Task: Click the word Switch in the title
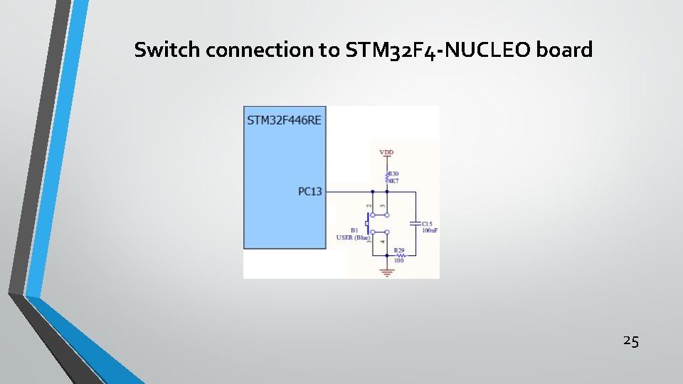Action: [160, 50]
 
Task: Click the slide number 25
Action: [630, 341]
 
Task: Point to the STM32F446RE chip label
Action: [284, 120]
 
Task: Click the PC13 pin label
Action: [310, 191]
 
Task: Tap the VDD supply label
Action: [386, 152]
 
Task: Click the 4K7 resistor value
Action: [393, 181]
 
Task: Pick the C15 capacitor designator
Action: [427, 223]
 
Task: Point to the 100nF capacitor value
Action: [429, 230]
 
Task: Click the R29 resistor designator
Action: [399, 250]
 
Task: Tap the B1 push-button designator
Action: [354, 230]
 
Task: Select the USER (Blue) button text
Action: [354, 238]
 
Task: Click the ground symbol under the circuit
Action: [387, 271]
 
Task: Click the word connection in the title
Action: [263, 50]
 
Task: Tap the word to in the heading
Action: [332, 50]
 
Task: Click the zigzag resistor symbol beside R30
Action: [386, 176]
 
